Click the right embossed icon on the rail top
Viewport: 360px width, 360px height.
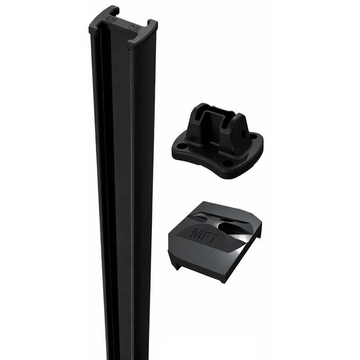134,27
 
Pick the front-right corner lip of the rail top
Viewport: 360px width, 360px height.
132,45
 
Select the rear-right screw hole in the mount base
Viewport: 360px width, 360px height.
254,136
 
